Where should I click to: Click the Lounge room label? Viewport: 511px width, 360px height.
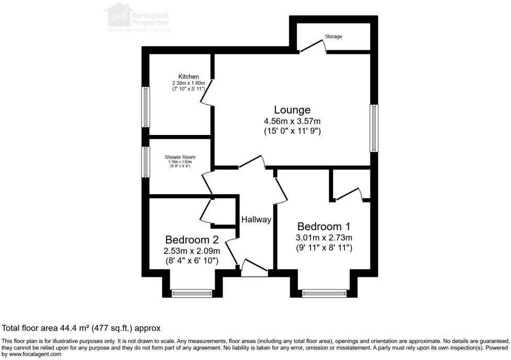292,110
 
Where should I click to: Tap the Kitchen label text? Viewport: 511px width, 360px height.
188,77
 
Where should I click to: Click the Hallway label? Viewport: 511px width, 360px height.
256,220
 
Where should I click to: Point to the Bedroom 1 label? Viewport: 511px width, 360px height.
323,227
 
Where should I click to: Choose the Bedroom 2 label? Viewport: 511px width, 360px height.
192,240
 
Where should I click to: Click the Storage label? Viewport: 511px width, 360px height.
334,37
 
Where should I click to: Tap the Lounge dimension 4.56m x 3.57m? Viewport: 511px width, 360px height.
292,121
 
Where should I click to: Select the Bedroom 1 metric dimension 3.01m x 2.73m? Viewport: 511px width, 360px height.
324,238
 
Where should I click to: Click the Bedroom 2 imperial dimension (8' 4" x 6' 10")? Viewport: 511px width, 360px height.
192,261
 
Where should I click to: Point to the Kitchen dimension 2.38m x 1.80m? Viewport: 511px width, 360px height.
188,83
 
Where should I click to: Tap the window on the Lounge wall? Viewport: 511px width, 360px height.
374,128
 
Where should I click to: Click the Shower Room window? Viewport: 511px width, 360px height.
146,162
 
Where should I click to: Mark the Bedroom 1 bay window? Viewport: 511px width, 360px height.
325,294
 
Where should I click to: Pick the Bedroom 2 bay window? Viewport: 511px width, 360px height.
192,294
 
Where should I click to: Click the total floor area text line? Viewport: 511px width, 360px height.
81,328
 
